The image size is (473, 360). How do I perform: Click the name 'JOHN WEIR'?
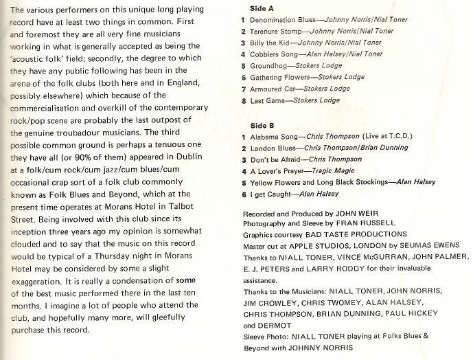click(359, 214)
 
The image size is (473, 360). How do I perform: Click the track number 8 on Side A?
click(244, 100)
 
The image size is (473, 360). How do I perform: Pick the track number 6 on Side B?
click(244, 194)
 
